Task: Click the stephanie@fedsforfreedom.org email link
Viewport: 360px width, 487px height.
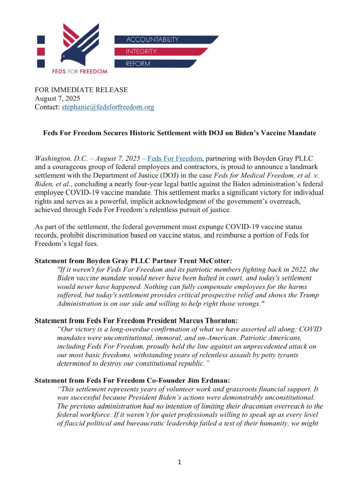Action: (x=108, y=107)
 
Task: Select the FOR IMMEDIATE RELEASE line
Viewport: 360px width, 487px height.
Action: (x=81, y=90)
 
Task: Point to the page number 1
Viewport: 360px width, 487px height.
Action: (x=180, y=463)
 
